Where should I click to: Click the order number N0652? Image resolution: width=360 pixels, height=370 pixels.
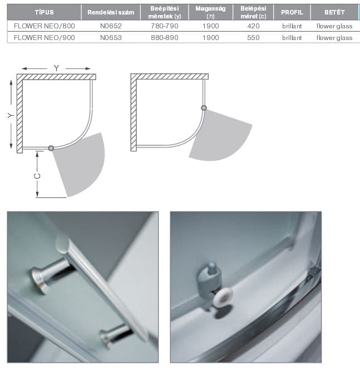pos(111,26)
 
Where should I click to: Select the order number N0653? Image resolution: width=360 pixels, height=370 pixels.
pos(111,38)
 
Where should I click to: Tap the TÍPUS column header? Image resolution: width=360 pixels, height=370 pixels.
pos(45,12)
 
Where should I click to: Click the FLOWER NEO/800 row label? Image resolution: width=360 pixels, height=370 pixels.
pos(45,26)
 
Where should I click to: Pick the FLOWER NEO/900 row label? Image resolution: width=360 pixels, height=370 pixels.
pos(45,38)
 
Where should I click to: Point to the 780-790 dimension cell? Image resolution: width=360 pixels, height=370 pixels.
pos(165,26)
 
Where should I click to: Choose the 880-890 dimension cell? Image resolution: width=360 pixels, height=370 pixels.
pos(165,38)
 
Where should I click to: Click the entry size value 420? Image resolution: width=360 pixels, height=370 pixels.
pos(253,26)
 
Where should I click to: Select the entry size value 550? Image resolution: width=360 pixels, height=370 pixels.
pos(253,38)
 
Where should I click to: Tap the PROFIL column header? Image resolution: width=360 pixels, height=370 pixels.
pos(292,12)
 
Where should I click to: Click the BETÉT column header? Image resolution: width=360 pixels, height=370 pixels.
pos(334,12)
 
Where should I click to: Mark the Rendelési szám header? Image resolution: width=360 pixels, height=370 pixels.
pos(111,12)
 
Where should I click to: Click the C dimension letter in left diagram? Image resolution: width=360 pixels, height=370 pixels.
pos(37,176)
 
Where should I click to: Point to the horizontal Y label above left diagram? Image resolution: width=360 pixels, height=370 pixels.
pos(56,68)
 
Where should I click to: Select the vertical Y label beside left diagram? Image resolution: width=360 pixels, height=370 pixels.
pos(11,115)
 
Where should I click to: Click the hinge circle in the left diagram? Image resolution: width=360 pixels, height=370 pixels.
pos(51,148)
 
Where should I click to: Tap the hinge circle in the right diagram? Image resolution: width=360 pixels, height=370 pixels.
pos(204,108)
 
